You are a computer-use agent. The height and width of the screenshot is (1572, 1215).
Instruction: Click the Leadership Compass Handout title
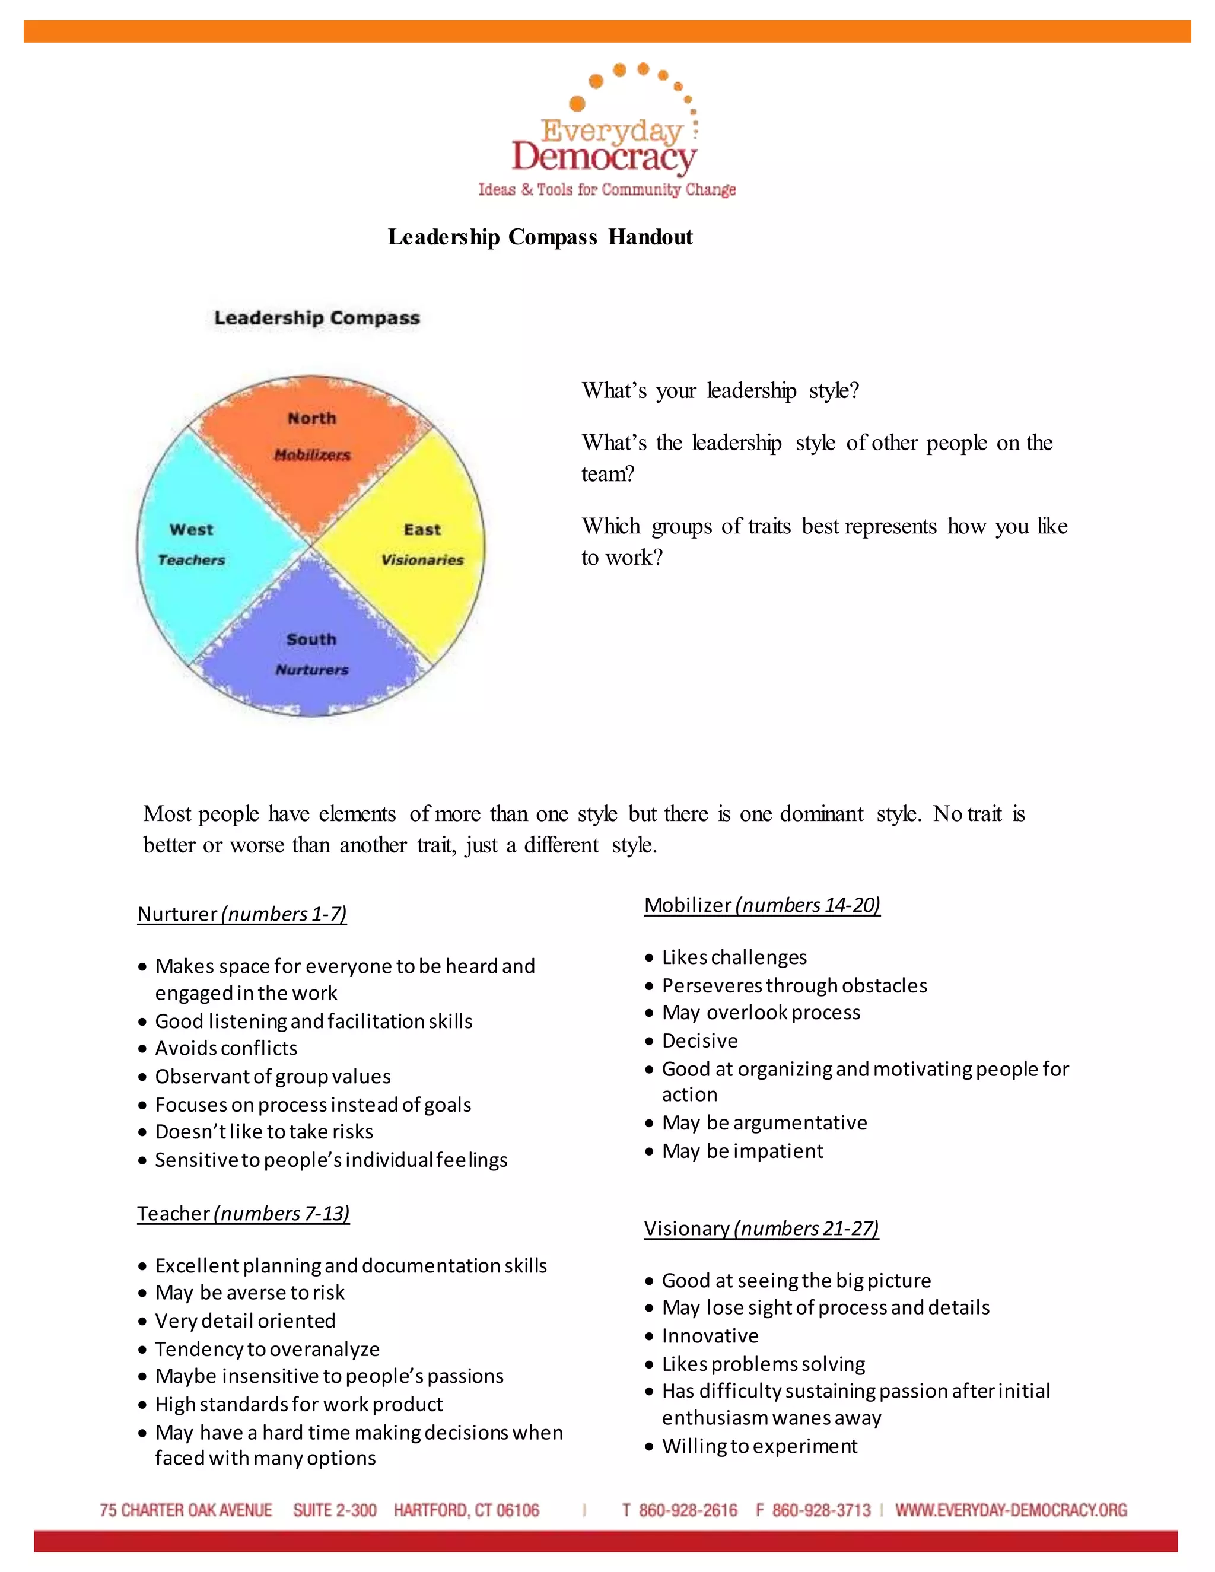point(540,237)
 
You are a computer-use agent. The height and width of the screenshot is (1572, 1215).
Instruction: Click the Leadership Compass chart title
point(317,317)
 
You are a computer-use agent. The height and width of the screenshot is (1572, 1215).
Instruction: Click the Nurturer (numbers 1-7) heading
point(242,914)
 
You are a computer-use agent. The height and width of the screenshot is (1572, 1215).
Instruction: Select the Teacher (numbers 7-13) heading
point(243,1214)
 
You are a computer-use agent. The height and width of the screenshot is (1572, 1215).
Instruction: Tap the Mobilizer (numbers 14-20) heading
point(762,905)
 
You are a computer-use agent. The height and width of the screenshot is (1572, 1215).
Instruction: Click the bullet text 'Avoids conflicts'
point(226,1048)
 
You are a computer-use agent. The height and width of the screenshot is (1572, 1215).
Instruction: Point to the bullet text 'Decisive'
point(699,1041)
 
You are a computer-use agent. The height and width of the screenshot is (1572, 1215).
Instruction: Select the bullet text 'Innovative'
point(710,1336)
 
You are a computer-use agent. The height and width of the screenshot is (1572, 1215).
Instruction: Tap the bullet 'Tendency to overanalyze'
point(267,1349)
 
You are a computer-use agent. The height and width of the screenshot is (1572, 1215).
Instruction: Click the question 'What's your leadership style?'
point(720,391)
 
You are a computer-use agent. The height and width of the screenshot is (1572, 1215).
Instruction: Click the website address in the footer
point(1010,1510)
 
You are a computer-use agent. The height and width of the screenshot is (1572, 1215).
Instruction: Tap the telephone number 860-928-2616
point(688,1510)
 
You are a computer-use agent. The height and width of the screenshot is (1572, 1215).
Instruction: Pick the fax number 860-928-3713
point(820,1510)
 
